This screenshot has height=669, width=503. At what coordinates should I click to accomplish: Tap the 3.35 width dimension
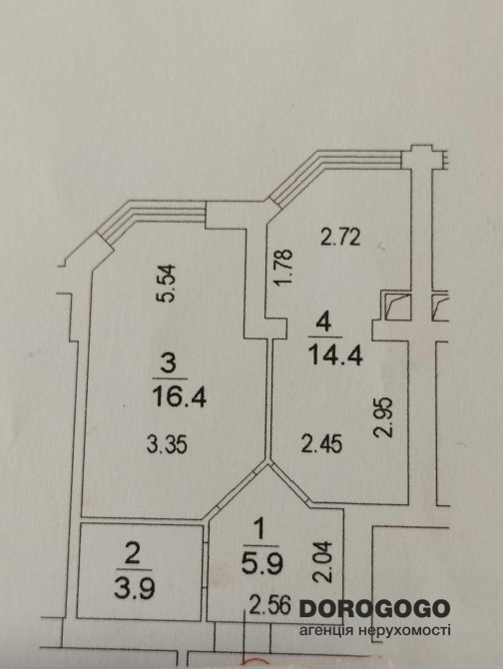tap(167, 445)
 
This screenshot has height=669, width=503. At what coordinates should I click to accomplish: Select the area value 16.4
tap(179, 397)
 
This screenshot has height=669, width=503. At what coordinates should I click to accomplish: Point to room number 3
tap(169, 364)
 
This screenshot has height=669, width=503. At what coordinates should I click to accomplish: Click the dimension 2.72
tap(340, 238)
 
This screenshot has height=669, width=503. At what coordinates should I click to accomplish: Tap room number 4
tap(323, 324)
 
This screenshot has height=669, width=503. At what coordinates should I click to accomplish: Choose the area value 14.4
tap(336, 355)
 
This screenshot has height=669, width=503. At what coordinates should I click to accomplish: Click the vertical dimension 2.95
tap(382, 417)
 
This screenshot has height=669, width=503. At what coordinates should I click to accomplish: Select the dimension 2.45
tap(321, 443)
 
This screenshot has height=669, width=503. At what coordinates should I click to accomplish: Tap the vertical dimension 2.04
tap(322, 561)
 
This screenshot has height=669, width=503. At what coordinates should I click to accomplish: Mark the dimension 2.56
tap(269, 605)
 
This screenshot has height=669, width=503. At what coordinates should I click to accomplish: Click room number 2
tap(133, 555)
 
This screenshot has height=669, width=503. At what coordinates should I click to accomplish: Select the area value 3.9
tap(135, 589)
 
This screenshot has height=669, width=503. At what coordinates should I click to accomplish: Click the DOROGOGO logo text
tap(374, 608)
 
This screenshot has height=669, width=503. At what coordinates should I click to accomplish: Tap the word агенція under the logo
tap(325, 631)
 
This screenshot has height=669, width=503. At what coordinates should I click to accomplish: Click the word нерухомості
tap(403, 631)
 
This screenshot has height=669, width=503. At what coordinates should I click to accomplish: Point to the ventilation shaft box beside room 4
tap(396, 307)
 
